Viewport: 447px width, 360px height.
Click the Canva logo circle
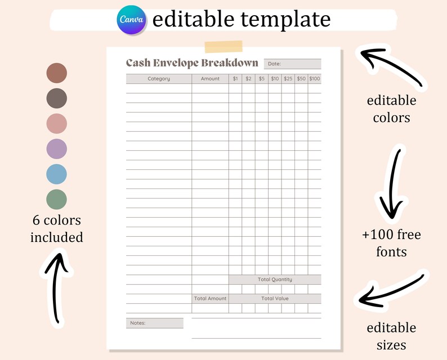pyautogui.click(x=132, y=20)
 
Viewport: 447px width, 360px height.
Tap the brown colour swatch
pyautogui.click(x=57, y=73)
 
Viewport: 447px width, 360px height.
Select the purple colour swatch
pyautogui.click(x=57, y=149)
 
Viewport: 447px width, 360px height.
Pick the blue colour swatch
pyautogui.click(x=57, y=174)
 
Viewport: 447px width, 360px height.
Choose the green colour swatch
pyautogui.click(x=57, y=199)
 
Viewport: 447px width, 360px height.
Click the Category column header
pyautogui.click(x=159, y=79)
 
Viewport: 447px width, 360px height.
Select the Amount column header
pyautogui.click(x=210, y=79)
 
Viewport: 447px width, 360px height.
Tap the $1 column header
pyautogui.click(x=235, y=79)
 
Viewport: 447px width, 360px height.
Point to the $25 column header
pyautogui.click(x=288, y=79)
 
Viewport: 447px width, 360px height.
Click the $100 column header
pyautogui.click(x=315, y=79)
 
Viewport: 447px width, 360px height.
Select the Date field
pyautogui.click(x=293, y=64)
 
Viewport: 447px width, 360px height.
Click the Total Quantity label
pyautogui.click(x=275, y=280)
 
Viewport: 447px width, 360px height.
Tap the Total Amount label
pyautogui.click(x=210, y=299)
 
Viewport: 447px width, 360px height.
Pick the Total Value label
pyautogui.click(x=275, y=299)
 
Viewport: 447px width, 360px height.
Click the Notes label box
pyautogui.click(x=155, y=323)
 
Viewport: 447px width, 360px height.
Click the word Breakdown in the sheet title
pyautogui.click(x=230, y=63)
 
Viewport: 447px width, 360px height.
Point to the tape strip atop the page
pyautogui.click(x=223, y=47)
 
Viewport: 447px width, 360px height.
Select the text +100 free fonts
pyautogui.click(x=391, y=242)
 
